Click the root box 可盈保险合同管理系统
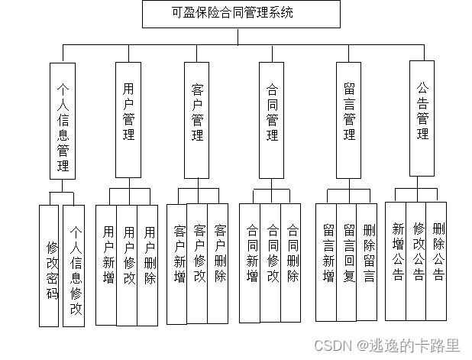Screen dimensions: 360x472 click(x=241, y=14)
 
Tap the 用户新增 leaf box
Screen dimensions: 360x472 click(x=107, y=264)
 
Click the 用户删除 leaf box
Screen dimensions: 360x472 click(x=149, y=264)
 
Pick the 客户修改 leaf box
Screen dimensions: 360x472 click(x=199, y=261)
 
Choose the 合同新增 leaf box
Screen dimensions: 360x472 click(x=251, y=261)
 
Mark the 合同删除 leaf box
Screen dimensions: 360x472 click(x=292, y=261)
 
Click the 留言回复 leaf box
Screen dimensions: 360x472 click(x=348, y=261)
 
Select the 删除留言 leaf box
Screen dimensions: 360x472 click(x=367, y=261)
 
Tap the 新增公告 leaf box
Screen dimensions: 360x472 click(x=396, y=260)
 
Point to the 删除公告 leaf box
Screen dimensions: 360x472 click(x=437, y=260)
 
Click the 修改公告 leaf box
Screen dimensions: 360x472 click(x=416, y=260)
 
